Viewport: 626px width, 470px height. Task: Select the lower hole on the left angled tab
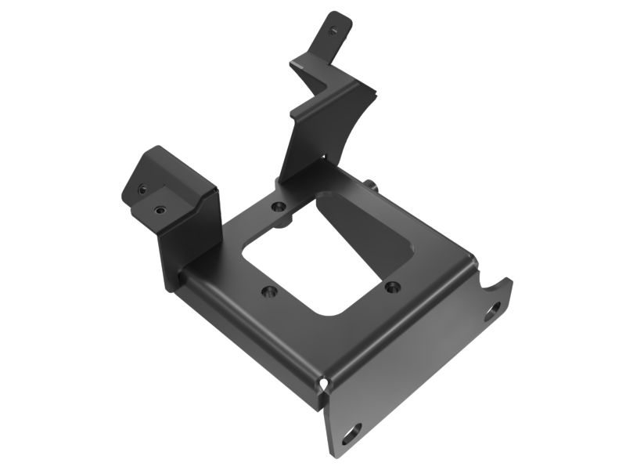[160, 210]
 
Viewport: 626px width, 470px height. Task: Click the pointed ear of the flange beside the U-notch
[509, 282]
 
